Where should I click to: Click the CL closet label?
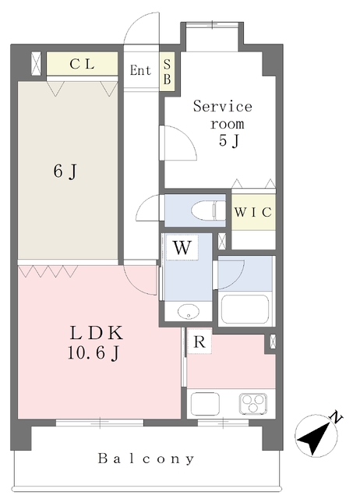coord(82,64)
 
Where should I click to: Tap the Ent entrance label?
coord(140,70)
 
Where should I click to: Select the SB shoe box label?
coord(167,72)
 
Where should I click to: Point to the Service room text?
coord(223,115)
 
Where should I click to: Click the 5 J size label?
coord(228,140)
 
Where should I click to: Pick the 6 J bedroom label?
coord(65,172)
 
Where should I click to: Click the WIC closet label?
coord(253,212)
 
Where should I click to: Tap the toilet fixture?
coord(208,211)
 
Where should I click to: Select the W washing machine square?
coord(182,248)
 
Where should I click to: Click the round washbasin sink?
coord(189,311)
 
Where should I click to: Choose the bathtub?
coord(245,309)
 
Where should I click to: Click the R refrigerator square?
coord(199,342)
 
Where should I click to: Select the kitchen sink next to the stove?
coord(205,404)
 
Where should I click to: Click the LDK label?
coord(96,333)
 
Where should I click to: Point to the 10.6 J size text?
coord(94,352)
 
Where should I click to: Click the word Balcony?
coord(146,458)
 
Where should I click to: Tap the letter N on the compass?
coord(336,417)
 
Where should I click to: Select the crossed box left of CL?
coord(37,64)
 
